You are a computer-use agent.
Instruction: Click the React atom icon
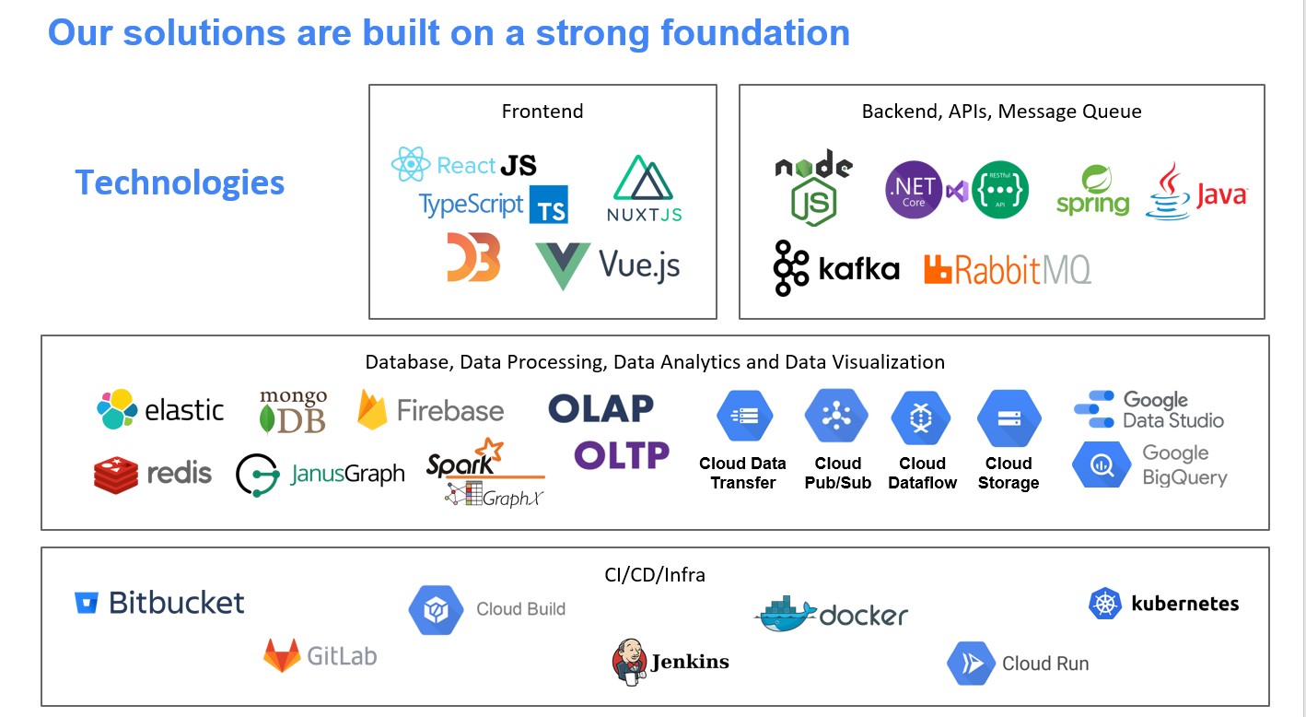[x=411, y=164]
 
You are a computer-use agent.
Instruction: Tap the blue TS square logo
[x=549, y=205]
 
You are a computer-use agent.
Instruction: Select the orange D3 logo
[x=473, y=257]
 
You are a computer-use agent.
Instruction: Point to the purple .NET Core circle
[x=914, y=190]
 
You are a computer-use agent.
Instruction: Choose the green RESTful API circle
[x=1000, y=190]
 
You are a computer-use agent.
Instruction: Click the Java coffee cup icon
[x=1168, y=192]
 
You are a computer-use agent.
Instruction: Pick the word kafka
[x=858, y=269]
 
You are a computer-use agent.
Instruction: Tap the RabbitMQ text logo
[x=1008, y=269]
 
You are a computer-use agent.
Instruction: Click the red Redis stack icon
[x=116, y=475]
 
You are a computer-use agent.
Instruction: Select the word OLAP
[x=601, y=408]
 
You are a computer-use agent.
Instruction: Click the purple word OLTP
[x=622, y=455]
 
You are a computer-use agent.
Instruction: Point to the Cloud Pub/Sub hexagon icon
[x=836, y=417]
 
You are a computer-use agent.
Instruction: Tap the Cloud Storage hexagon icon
[x=1009, y=417]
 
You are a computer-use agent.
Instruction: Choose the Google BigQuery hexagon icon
[x=1102, y=464]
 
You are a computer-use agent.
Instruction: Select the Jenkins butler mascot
[x=629, y=662]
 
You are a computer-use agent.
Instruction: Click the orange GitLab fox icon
[x=282, y=656]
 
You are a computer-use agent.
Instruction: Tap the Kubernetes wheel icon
[x=1105, y=604]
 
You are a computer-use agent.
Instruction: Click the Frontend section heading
[x=542, y=111]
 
